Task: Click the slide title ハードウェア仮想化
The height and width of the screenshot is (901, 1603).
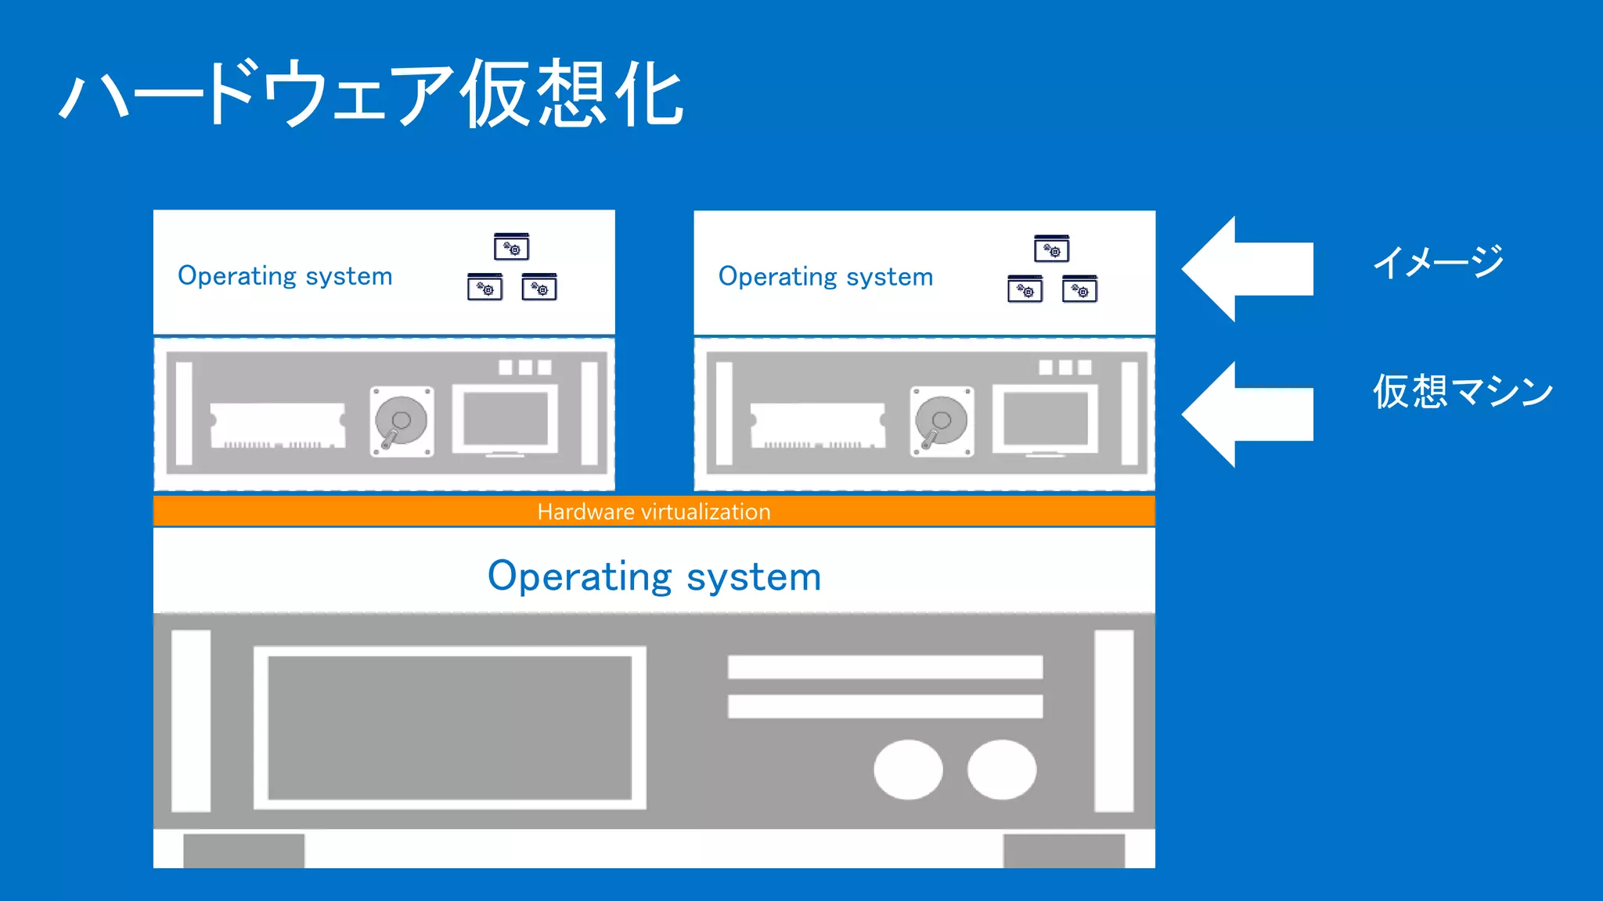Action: [x=372, y=94]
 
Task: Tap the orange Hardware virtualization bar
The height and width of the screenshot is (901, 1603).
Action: [x=654, y=512]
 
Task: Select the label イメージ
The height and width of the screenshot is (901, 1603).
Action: [x=1439, y=262]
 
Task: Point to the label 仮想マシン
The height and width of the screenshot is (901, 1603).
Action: [x=1462, y=391]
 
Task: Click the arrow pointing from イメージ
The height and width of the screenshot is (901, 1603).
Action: [x=1248, y=269]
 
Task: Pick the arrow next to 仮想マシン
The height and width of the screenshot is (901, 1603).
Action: [x=1248, y=415]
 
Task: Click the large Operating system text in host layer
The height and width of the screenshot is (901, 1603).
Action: [x=654, y=576]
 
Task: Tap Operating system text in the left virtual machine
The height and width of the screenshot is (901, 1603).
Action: [x=285, y=276]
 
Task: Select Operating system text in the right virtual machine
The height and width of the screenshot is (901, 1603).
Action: [x=826, y=277]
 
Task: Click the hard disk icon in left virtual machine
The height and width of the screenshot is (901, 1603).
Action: [x=402, y=422]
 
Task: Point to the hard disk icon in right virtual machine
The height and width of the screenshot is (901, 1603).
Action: [x=942, y=422]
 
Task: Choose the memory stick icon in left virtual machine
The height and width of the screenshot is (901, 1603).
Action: [x=278, y=425]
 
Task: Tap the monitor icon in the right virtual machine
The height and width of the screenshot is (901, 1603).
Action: [x=1046, y=420]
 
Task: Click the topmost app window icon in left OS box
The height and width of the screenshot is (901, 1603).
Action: [x=512, y=247]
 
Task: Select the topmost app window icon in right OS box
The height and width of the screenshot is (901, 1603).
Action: [x=1051, y=249]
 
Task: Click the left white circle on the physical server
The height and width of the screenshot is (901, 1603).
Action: [x=908, y=770]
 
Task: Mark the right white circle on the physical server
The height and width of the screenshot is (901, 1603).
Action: [x=1002, y=770]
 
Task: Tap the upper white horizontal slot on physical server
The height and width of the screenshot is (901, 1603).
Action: [x=884, y=667]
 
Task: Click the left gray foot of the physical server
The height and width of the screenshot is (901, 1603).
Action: [x=243, y=851]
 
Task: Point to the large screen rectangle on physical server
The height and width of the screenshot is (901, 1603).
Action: [x=449, y=727]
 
